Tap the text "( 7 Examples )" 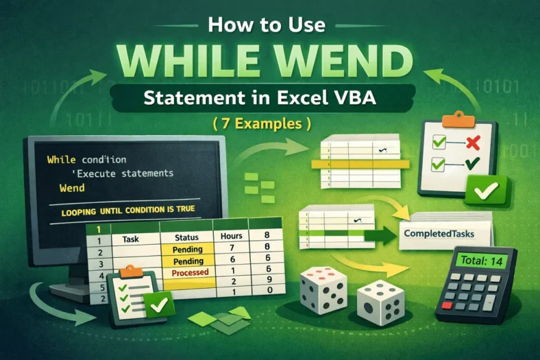click(x=269, y=125)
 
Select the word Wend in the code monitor click(x=72, y=188)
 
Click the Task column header click(x=131, y=241)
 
